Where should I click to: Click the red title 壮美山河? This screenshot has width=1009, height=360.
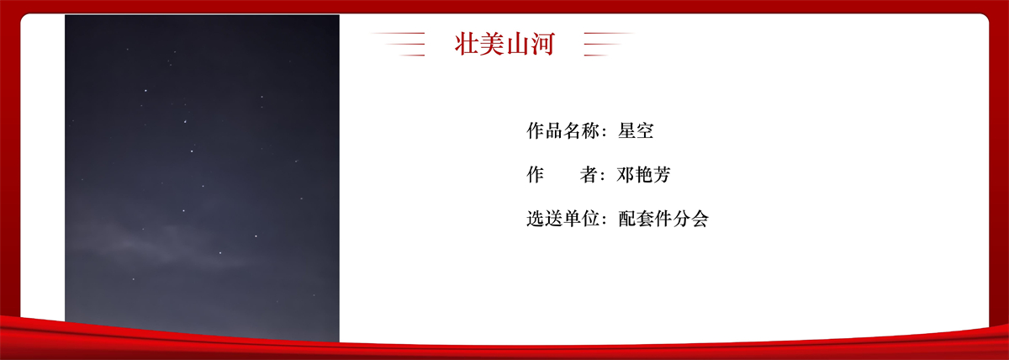pos(504,44)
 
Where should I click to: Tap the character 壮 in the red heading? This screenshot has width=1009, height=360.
pos(467,44)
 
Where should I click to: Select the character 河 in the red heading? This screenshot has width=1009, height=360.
pos(542,44)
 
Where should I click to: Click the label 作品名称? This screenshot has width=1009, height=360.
pos(563,130)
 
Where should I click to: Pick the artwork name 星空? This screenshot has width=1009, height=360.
pos(636,130)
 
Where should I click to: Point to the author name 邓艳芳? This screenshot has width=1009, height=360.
pos(644,174)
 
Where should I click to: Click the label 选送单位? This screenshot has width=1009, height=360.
pos(563,219)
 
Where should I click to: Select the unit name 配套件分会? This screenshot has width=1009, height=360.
pos(663,219)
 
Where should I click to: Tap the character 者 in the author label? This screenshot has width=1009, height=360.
pos(589,174)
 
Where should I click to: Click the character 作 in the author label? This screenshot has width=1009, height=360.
pos(536,174)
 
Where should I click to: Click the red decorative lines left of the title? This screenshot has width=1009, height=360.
pos(399,44)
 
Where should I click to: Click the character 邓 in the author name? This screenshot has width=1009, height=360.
pos(626,174)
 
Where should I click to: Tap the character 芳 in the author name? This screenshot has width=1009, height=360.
pos(663,174)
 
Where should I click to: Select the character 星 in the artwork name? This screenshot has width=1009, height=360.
pos(626,130)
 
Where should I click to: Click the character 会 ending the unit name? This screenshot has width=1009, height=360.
pos(700,219)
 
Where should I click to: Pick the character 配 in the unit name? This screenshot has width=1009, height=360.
pos(626,219)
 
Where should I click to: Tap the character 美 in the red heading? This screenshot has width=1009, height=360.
pos(492,44)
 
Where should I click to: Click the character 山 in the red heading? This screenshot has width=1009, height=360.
pos(517,44)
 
